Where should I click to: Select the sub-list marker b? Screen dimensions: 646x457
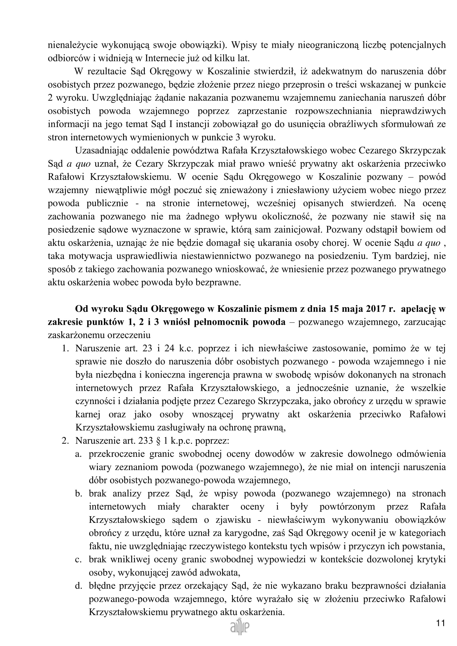(x=78, y=494)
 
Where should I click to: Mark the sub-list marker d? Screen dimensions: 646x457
(x=78, y=586)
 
